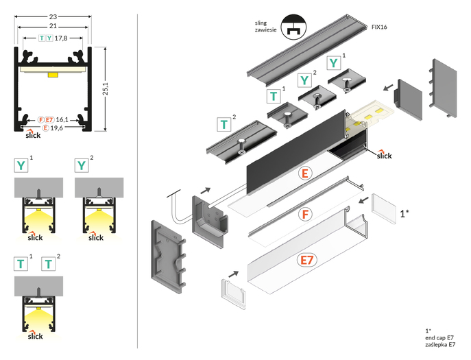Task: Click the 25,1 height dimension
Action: point(114,88)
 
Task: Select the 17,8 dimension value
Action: point(60,38)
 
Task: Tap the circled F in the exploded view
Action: point(304,214)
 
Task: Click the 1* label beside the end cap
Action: point(404,213)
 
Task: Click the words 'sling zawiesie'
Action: point(264,27)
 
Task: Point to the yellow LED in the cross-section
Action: point(53,73)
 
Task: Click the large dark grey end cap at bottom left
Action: point(169,260)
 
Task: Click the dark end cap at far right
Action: point(441,87)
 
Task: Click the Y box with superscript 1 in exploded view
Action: point(333,63)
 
